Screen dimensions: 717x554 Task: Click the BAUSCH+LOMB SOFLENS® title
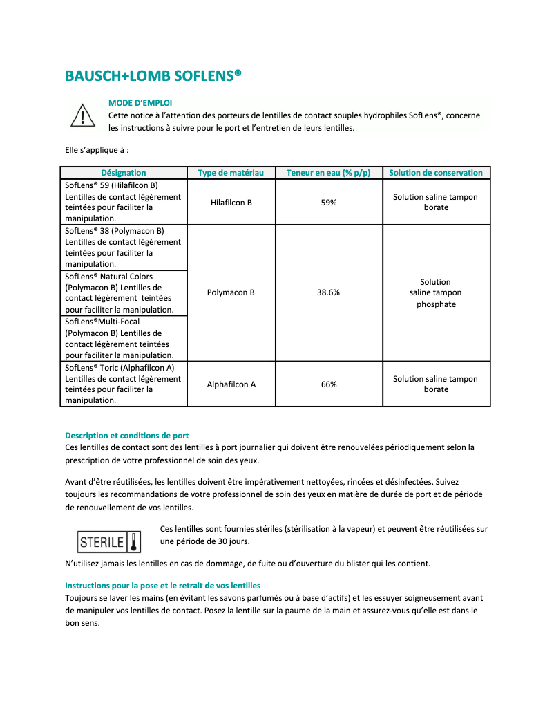(153, 75)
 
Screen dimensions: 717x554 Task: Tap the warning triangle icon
(83, 115)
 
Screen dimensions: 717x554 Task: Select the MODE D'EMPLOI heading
(140, 103)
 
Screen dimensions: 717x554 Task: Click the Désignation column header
(124, 173)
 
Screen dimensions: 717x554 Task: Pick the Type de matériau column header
(231, 173)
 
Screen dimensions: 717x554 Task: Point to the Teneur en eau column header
(329, 173)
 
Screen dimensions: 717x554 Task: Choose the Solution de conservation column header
(436, 173)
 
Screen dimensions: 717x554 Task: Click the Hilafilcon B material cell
(231, 203)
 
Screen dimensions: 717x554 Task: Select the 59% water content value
(329, 203)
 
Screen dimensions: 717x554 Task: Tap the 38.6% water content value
(329, 292)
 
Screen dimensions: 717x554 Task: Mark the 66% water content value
(329, 384)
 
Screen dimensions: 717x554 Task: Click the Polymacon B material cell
(231, 292)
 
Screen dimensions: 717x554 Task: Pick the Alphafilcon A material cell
(231, 384)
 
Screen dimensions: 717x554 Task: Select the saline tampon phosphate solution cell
(436, 292)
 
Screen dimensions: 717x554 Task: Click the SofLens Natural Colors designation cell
(124, 293)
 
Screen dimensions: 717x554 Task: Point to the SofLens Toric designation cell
(124, 384)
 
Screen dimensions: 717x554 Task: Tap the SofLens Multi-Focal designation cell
(124, 338)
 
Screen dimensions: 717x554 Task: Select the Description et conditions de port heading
(127, 436)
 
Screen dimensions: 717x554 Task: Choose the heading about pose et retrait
(162, 586)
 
